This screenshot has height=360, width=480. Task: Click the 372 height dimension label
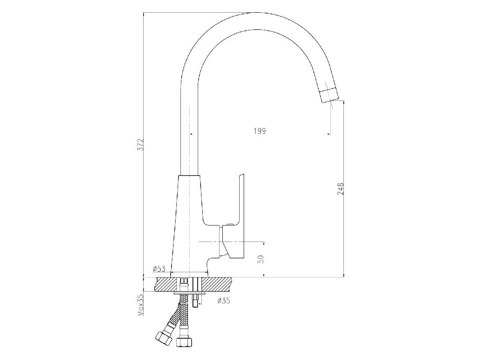click(141, 145)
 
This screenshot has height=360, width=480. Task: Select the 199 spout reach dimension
click(260, 131)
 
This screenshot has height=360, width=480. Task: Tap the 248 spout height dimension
click(341, 189)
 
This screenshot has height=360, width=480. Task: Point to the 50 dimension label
click(261, 259)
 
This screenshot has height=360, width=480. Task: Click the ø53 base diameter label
click(159, 269)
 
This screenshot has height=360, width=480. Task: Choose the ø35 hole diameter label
click(224, 301)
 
